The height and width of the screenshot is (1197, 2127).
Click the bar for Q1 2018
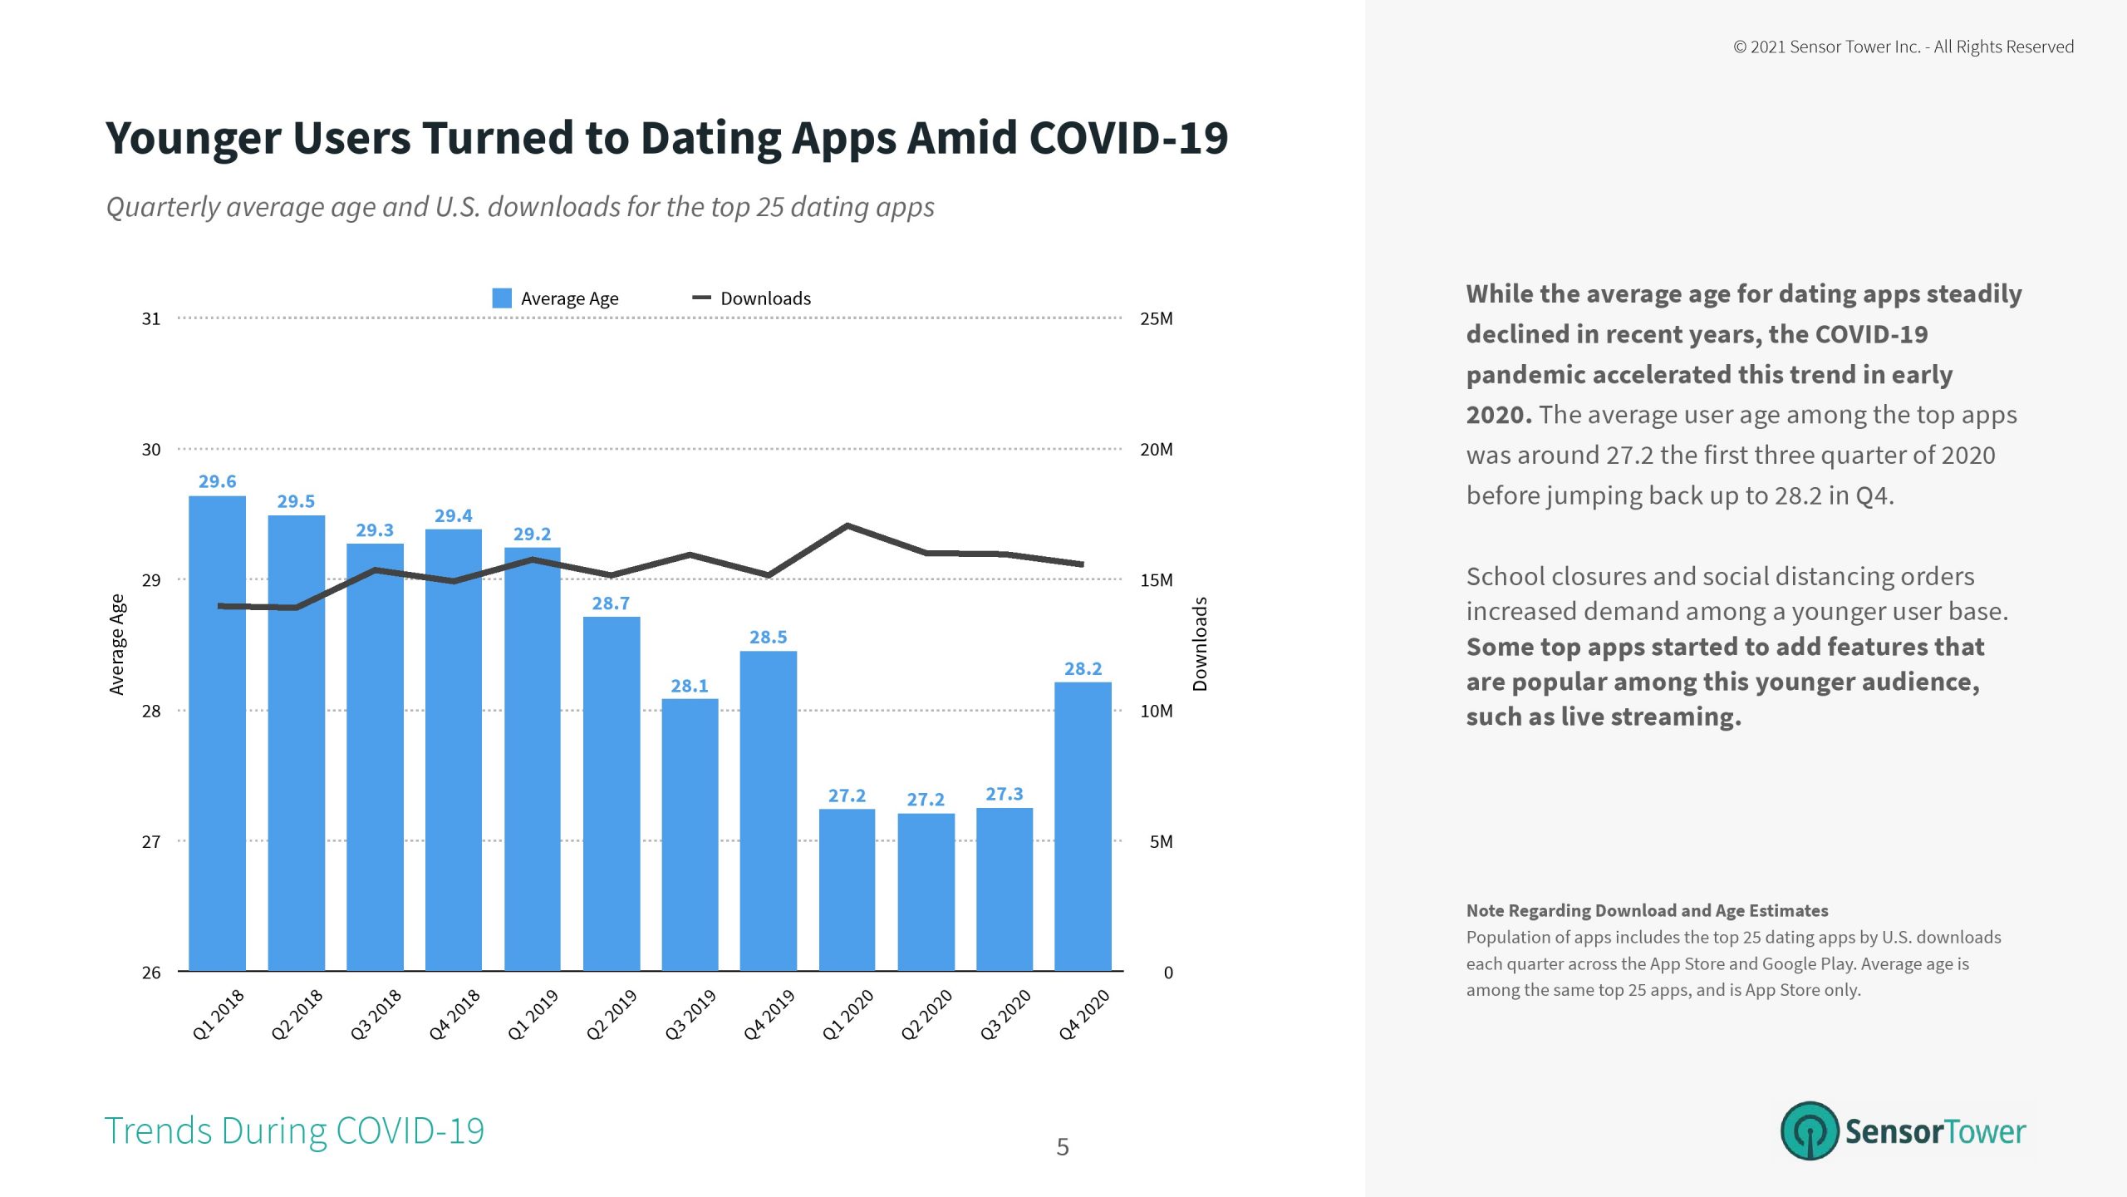point(217,731)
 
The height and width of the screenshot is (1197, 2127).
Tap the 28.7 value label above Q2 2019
point(611,603)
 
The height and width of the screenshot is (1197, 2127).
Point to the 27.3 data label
point(1004,794)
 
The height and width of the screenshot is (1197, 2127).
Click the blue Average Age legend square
point(502,298)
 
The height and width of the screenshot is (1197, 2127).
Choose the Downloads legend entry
point(752,298)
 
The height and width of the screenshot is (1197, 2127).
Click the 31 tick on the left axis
point(151,318)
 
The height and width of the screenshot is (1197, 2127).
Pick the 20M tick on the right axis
point(1156,450)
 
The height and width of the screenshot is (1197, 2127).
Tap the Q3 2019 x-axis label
point(690,1014)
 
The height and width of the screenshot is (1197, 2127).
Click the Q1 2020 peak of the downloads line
point(847,525)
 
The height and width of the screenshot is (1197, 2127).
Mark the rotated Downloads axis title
point(1200,644)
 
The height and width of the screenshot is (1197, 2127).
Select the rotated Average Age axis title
point(117,644)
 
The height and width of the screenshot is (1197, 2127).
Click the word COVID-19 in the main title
point(1128,138)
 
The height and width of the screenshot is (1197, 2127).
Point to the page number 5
point(1063,1147)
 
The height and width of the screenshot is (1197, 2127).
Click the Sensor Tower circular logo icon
point(1809,1130)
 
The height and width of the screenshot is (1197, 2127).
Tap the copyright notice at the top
point(1903,47)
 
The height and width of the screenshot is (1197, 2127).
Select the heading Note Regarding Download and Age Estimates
point(1647,910)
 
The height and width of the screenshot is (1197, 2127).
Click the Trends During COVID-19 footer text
point(294,1130)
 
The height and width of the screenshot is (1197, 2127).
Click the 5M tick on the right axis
point(1161,842)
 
